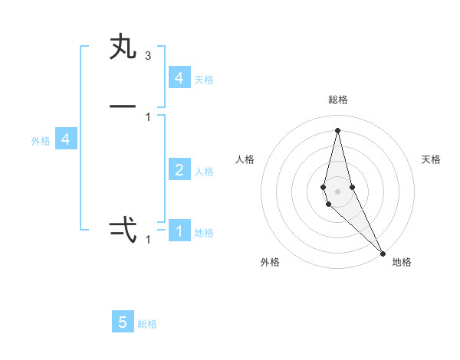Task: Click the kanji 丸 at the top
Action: [123, 47]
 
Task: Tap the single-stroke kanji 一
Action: [123, 106]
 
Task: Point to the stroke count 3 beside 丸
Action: [148, 56]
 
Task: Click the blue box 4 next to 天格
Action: [179, 78]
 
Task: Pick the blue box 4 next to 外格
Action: [66, 139]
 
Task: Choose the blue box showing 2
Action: [179, 170]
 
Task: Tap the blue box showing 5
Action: [123, 322]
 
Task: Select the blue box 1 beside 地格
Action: [179, 231]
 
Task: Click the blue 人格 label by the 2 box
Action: [204, 172]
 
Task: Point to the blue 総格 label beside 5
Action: [147, 324]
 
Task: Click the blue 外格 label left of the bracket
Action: [41, 141]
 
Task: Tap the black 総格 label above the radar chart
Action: [338, 100]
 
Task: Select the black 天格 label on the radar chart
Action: [432, 159]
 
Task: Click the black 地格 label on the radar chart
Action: [402, 262]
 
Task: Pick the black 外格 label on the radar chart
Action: [270, 262]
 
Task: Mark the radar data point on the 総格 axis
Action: [337, 129]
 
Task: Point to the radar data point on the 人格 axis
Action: [324, 187]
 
